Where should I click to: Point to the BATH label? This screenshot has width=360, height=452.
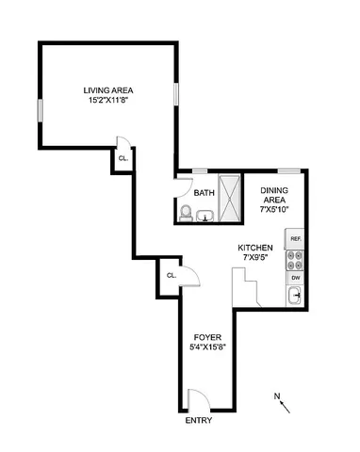[204, 193]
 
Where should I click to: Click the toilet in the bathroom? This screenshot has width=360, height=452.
[186, 216]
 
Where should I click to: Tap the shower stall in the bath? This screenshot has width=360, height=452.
[228, 198]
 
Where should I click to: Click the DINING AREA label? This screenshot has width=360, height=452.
[274, 195]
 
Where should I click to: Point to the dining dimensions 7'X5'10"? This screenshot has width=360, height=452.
[274, 208]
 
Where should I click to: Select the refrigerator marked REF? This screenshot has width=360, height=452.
[295, 239]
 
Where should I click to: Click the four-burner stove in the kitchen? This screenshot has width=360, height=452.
[294, 259]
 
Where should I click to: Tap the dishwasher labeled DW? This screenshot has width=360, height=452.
[295, 279]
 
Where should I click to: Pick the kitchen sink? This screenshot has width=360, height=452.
[295, 296]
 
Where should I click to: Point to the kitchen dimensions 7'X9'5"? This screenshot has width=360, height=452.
[254, 257]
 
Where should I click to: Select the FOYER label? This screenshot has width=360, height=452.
[207, 336]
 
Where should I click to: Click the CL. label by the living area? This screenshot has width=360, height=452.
[123, 158]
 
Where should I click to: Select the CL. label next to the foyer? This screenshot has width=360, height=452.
[171, 275]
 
